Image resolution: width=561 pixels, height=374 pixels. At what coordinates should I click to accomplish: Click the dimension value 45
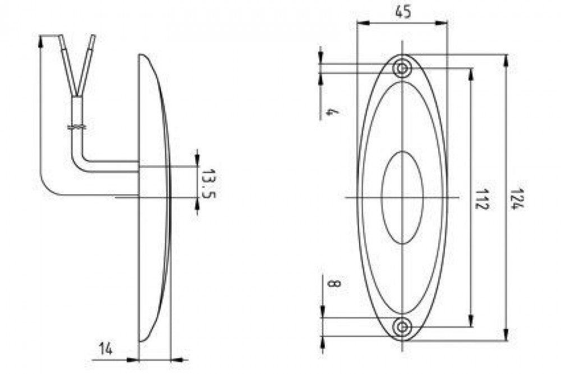(403, 12)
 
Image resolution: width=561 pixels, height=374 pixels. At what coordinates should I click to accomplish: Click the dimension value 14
(106, 348)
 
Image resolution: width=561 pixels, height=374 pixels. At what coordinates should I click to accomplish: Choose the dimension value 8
(333, 284)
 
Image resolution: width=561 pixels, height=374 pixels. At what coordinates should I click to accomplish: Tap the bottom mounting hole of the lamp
(402, 326)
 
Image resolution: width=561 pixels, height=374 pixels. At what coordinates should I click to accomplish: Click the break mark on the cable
(77, 127)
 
